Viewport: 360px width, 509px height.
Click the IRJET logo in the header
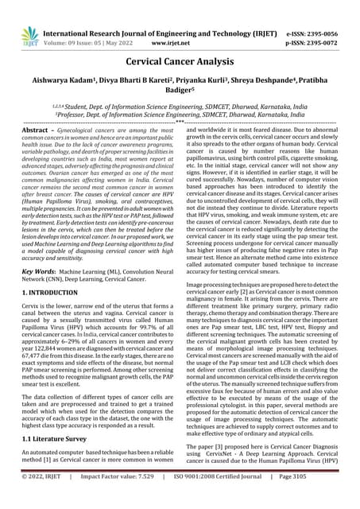[29, 35]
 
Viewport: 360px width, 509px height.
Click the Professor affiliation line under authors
[180, 114]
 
